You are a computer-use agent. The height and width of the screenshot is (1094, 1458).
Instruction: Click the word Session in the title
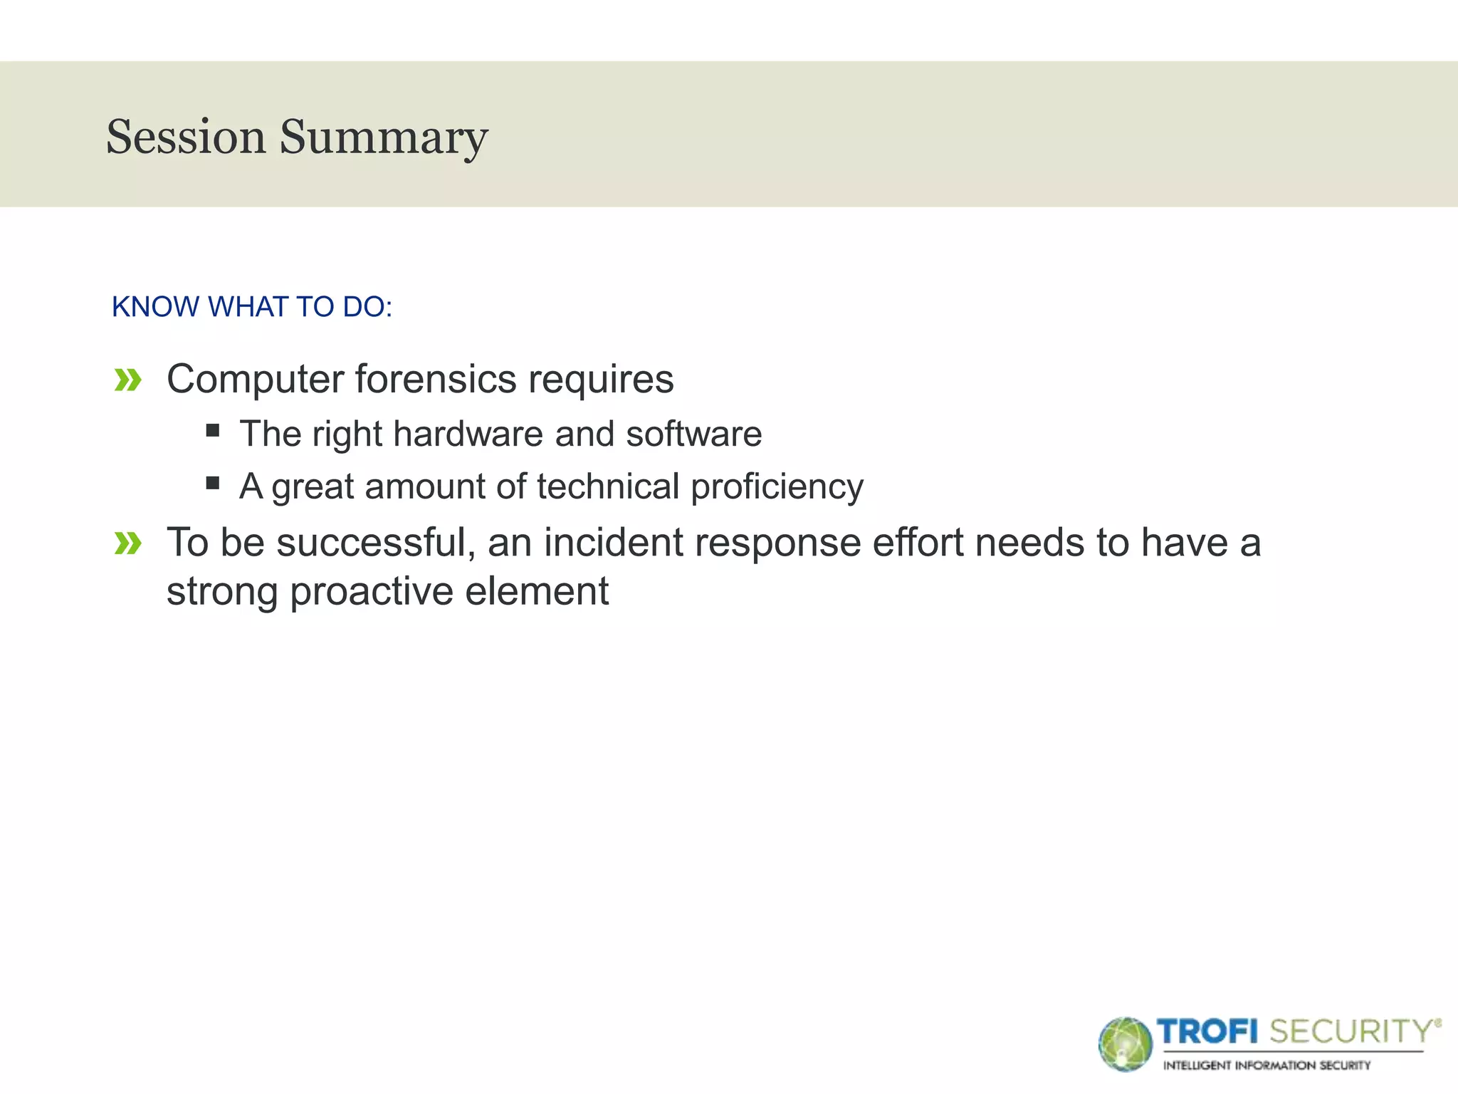pyautogui.click(x=186, y=137)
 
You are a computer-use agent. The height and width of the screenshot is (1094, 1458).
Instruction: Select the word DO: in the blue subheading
pyautogui.click(x=367, y=307)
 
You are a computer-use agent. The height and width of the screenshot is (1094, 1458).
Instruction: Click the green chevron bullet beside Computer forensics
pyautogui.click(x=128, y=380)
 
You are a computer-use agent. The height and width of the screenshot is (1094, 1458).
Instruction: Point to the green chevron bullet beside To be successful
pyautogui.click(x=128, y=544)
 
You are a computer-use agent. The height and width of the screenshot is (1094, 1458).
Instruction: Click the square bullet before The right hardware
pyautogui.click(x=212, y=430)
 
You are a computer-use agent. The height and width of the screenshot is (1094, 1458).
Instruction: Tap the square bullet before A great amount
pyautogui.click(x=212, y=484)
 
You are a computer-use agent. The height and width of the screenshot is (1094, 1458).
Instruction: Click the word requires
pyautogui.click(x=600, y=379)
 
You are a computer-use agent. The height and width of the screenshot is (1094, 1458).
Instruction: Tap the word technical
pyautogui.click(x=608, y=486)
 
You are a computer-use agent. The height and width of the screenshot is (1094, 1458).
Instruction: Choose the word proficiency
pyautogui.click(x=777, y=488)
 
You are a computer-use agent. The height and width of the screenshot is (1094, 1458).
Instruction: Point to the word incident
pyautogui.click(x=613, y=543)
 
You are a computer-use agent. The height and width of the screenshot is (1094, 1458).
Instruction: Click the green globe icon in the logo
pyautogui.click(x=1125, y=1044)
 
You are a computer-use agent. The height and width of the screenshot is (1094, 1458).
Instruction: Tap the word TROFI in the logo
pyautogui.click(x=1207, y=1031)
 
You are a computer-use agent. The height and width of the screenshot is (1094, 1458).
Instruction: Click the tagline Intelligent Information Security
pyautogui.click(x=1266, y=1066)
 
